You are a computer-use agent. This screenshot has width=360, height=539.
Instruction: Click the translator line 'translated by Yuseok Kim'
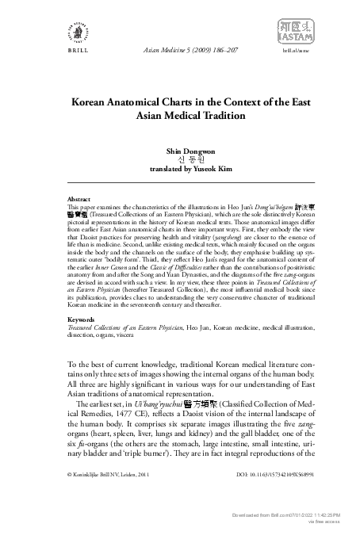[x=180, y=169]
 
